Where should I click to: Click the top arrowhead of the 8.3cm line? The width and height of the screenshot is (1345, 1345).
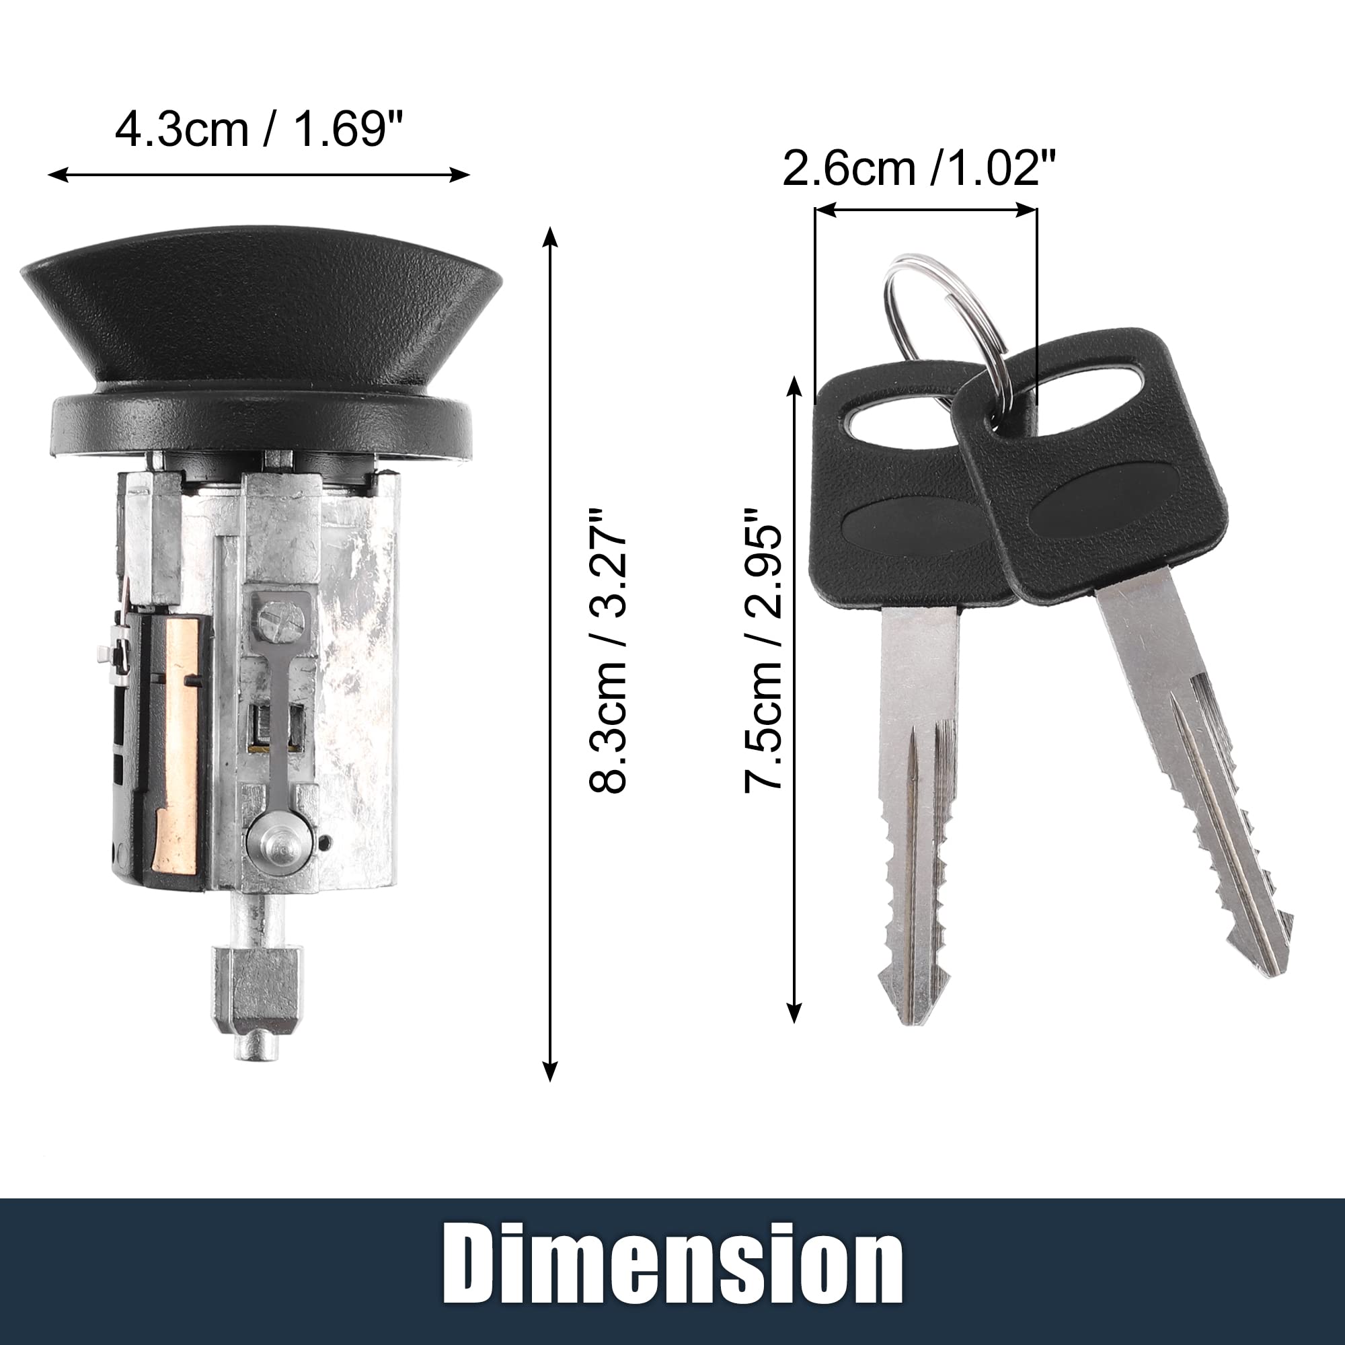[550, 234]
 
